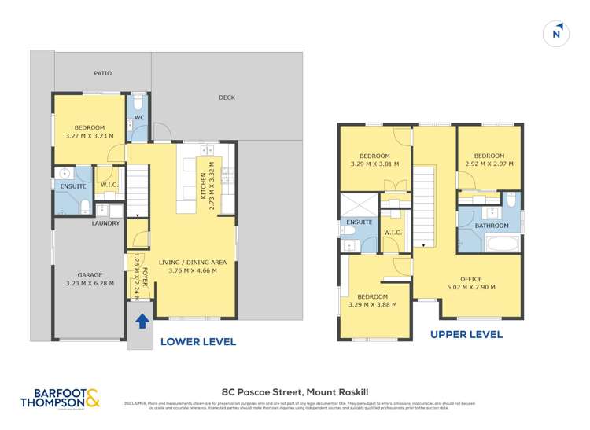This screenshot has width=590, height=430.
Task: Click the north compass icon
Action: point(556,33)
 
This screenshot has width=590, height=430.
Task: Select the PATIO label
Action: point(102,73)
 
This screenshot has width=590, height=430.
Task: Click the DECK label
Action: point(227,97)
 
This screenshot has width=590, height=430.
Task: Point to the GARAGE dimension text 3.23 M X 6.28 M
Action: point(90,283)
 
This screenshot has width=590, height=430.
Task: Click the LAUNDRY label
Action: point(105,223)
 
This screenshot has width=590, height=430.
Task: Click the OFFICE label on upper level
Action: point(471,279)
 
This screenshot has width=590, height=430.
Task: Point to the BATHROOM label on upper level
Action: point(492,226)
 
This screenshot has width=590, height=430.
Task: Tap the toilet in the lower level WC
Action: point(138,103)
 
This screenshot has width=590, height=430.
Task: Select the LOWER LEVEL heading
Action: point(198,342)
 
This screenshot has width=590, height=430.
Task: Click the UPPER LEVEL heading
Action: point(466,334)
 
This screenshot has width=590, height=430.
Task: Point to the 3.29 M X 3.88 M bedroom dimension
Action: point(372,304)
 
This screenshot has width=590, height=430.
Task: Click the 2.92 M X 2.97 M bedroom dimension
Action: point(489,164)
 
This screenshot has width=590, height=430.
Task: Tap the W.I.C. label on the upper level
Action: point(393,232)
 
